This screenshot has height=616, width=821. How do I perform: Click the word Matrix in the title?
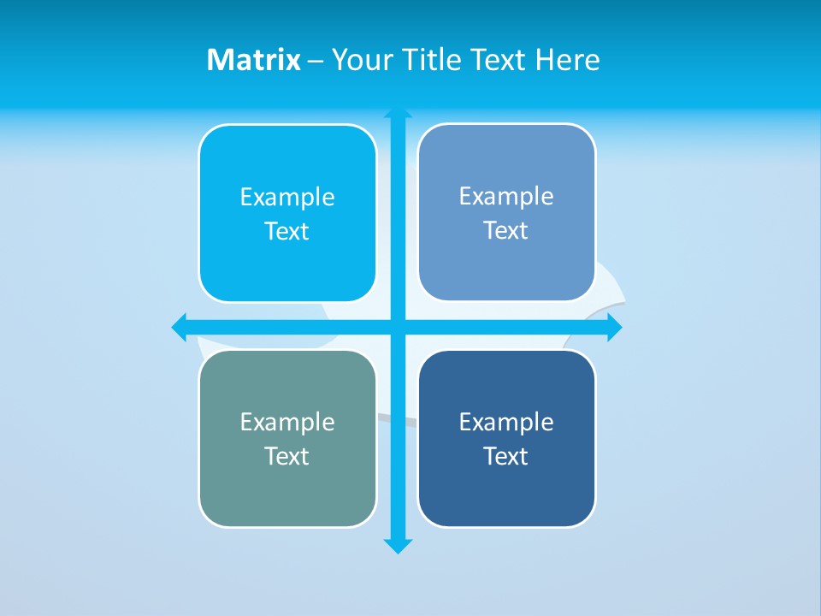(254, 60)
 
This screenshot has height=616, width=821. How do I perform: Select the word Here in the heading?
(568, 60)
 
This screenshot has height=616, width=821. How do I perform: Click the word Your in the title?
(360, 60)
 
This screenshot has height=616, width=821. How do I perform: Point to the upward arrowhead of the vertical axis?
(398, 113)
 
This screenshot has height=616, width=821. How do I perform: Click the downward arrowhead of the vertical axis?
(398, 546)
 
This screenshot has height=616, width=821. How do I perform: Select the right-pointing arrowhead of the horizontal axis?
(614, 327)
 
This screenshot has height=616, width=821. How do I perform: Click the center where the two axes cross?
(398, 327)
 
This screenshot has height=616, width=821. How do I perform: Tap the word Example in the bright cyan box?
(287, 198)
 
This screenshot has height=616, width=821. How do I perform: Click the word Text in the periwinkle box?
(506, 231)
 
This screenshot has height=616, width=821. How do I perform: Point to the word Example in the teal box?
(287, 423)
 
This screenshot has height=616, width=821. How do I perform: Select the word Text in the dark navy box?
(506, 457)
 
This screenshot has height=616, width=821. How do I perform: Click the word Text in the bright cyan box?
(287, 232)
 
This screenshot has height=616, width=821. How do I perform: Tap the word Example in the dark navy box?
(506, 423)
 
